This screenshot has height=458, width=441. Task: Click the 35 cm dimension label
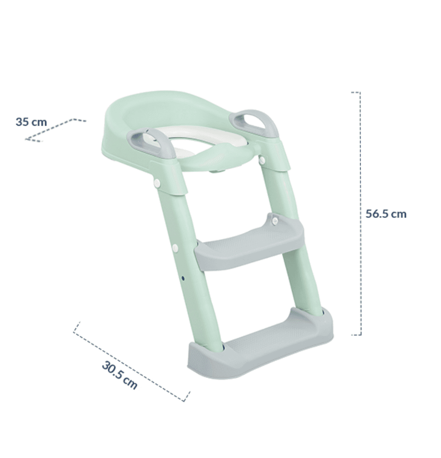coord(31,122)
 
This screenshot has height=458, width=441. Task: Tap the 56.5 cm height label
coord(386,214)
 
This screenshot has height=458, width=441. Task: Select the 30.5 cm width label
coord(119,375)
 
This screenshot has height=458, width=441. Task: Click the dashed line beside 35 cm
coord(56,130)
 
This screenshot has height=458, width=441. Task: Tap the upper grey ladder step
coord(249,244)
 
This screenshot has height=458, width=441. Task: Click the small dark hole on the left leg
coord(183,278)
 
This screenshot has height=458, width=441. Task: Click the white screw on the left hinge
coord(157,182)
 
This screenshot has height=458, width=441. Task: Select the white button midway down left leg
coord(175,247)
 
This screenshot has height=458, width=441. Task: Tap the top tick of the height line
coord(356,93)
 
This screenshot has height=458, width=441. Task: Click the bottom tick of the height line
coord(356,334)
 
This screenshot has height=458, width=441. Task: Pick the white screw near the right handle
coord(262,160)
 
